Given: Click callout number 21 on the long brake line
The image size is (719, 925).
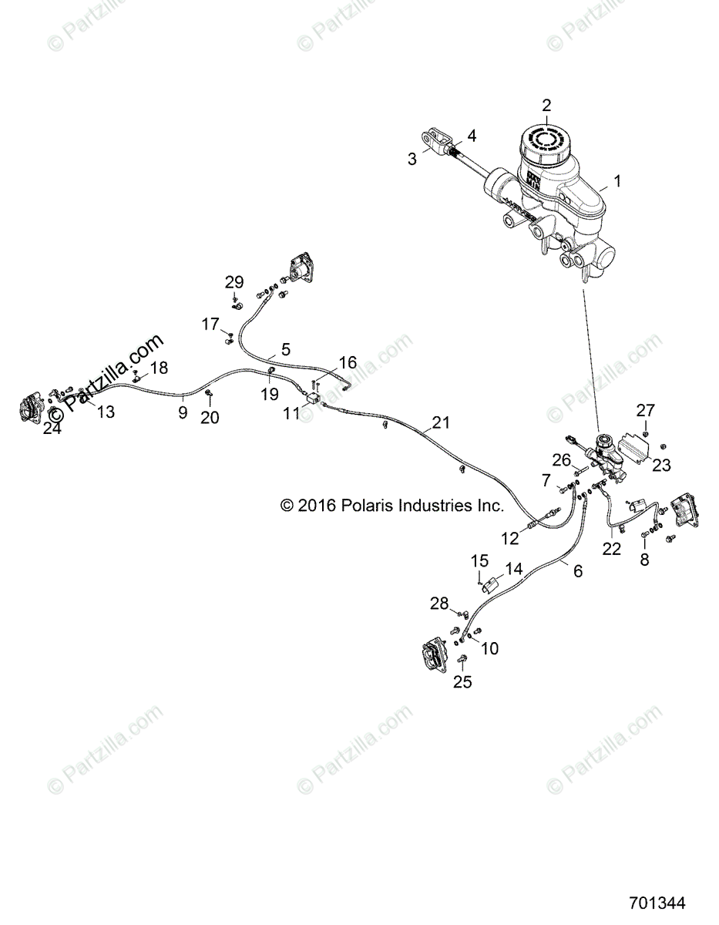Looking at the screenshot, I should pyautogui.click(x=440, y=422).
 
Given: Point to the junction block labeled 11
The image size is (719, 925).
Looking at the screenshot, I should pyautogui.click(x=313, y=399).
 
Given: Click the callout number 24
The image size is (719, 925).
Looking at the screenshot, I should pyautogui.click(x=52, y=429).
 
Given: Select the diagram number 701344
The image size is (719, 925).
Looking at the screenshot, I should pyautogui.click(x=657, y=903).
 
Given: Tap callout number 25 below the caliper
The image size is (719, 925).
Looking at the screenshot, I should pyautogui.click(x=462, y=681).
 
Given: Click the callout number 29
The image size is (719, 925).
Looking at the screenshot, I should pyautogui.click(x=234, y=281).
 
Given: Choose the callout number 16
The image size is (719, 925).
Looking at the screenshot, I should pyautogui.click(x=348, y=362).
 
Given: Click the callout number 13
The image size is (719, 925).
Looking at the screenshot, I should pyautogui.click(x=106, y=412).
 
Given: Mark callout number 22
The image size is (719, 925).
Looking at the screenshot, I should pyautogui.click(x=611, y=549).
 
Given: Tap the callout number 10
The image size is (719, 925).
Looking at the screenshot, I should pyautogui.click(x=490, y=649).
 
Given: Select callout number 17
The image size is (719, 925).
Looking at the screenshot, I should pyautogui.click(x=210, y=325).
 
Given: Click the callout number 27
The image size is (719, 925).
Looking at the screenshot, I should pyautogui.click(x=644, y=409).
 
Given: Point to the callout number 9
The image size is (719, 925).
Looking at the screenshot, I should pyautogui.click(x=183, y=412).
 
